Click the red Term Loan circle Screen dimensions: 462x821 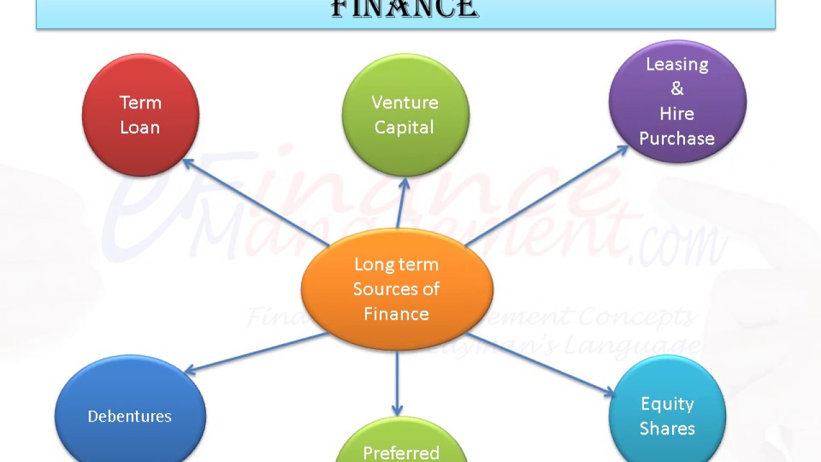(140, 116)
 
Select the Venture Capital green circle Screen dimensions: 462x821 (405, 116)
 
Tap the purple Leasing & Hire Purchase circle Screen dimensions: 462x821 (677, 101)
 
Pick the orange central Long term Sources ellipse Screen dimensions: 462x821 (397, 289)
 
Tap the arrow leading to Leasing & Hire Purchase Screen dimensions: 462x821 (545, 196)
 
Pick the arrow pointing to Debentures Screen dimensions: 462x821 (257, 352)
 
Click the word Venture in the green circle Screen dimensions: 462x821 (405, 103)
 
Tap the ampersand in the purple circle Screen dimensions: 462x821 (677, 89)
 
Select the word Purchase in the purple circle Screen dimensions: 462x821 (677, 139)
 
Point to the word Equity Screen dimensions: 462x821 (667, 404)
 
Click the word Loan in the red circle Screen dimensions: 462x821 (140, 128)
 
